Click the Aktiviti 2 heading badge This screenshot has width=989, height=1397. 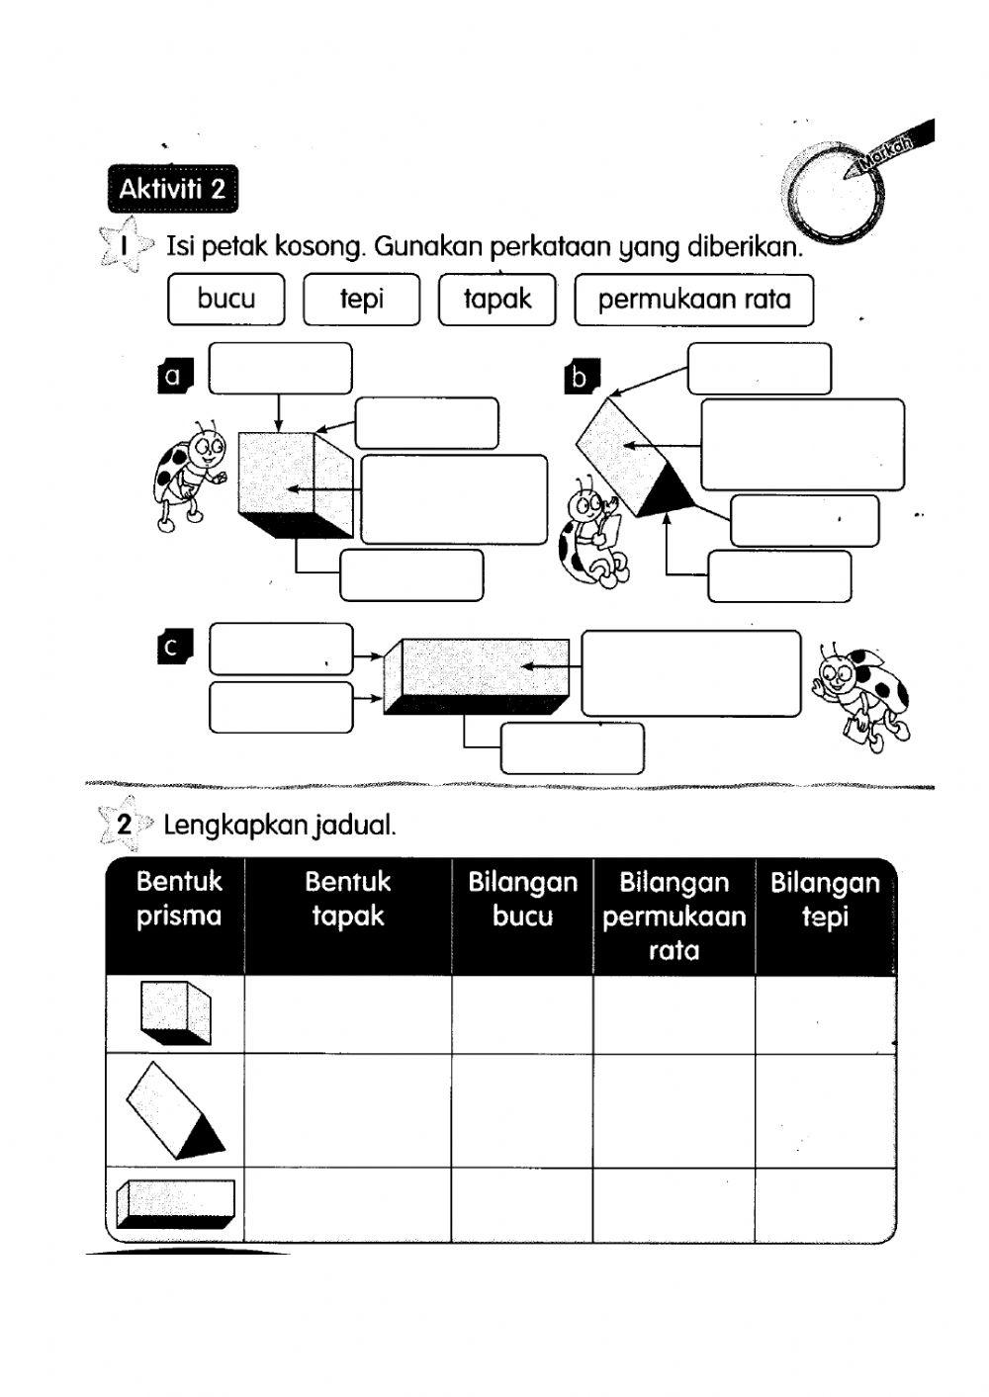[x=172, y=189]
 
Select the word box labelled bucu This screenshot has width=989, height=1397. [x=226, y=300]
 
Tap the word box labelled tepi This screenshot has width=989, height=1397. [x=361, y=300]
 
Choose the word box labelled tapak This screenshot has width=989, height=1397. [x=496, y=300]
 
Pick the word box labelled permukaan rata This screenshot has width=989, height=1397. [x=693, y=300]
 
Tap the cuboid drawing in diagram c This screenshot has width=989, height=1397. [x=477, y=676]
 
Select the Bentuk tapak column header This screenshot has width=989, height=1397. [x=347, y=899]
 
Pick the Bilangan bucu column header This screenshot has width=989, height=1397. [x=522, y=899]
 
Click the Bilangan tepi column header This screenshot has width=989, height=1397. [x=825, y=899]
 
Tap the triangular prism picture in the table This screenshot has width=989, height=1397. [x=174, y=1109]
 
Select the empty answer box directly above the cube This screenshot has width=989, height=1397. [x=280, y=368]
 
